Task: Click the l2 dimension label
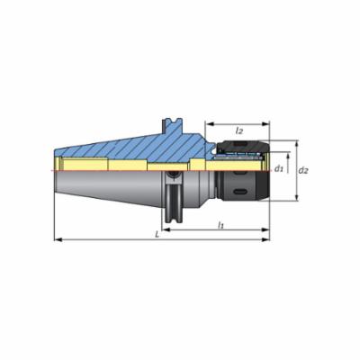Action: (239, 130)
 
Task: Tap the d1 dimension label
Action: (279, 169)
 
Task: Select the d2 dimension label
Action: (303, 170)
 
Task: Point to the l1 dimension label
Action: (220, 224)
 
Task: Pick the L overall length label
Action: (157, 235)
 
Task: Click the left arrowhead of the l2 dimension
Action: (209, 124)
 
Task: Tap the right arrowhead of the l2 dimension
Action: (265, 124)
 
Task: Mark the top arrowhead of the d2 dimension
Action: (297, 144)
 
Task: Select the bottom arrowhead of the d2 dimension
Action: (297, 197)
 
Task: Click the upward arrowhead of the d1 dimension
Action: (288, 156)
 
